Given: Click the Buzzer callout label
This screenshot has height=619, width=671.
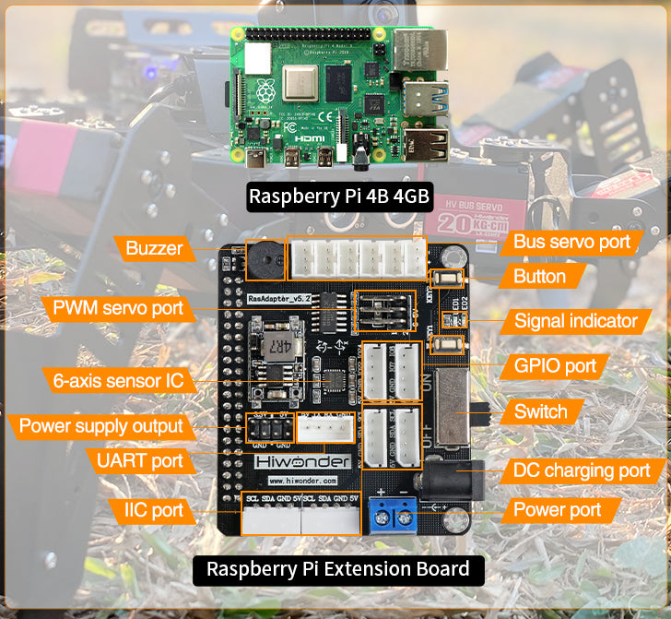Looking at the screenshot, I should (154, 248).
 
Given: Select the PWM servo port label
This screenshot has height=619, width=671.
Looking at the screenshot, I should (117, 308).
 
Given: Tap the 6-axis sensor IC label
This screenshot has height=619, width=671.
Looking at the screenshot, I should (118, 379).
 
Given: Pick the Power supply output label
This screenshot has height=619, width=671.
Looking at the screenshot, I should (101, 426).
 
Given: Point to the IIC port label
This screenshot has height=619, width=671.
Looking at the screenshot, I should (153, 509).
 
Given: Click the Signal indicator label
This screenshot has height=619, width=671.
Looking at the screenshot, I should (575, 321).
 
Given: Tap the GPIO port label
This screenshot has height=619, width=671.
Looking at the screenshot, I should (555, 366).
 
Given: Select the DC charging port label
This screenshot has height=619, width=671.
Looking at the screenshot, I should (582, 470).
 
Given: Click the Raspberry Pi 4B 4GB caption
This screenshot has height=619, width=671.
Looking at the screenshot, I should (338, 196).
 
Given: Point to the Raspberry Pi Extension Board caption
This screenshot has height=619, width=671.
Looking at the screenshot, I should (337, 569).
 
